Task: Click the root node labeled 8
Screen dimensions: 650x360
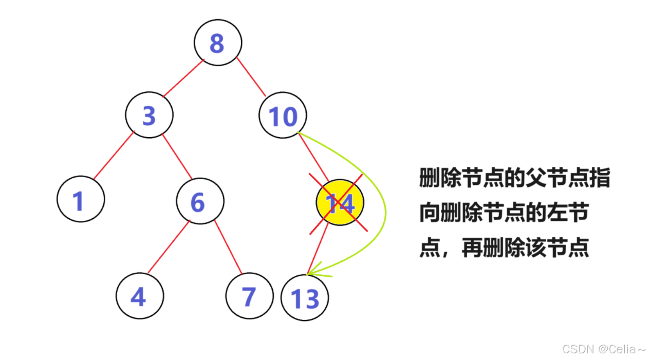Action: point(218,43)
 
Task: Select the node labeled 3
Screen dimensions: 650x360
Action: point(149,115)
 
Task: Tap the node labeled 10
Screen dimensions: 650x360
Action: point(283,115)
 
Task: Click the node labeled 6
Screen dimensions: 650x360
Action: point(200,201)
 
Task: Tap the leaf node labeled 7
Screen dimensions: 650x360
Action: point(249,296)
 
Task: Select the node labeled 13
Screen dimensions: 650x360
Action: point(305,297)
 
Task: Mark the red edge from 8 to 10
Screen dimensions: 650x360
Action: point(251,77)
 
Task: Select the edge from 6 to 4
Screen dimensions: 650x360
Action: point(169,247)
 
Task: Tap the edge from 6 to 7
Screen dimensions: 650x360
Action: point(228,247)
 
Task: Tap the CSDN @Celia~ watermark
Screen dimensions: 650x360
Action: point(604,349)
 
